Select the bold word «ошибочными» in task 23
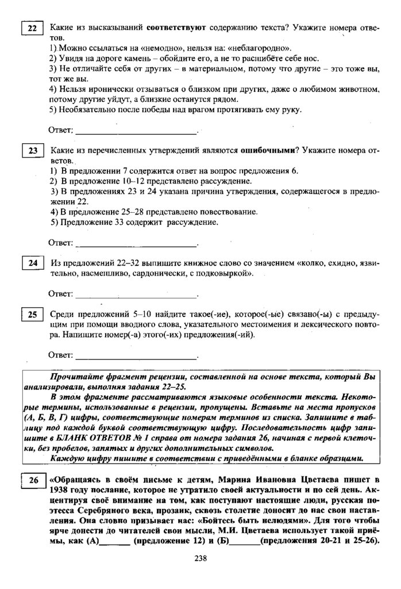pos(266,151)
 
